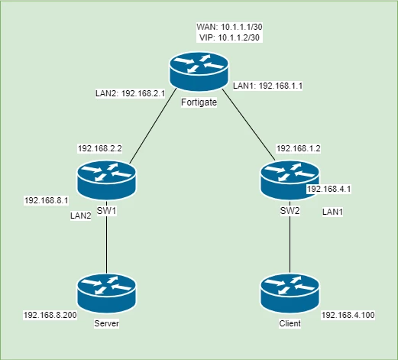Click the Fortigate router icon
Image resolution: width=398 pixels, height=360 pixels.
pos(199,72)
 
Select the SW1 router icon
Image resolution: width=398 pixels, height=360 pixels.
pos(106,180)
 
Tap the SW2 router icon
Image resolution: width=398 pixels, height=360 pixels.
pos(290,180)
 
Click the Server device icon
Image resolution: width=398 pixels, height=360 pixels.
pos(106,294)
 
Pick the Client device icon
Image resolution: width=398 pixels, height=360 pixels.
pos(290,294)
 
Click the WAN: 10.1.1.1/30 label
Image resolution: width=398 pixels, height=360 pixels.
pos(229,27)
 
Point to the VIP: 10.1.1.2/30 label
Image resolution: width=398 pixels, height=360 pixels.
pos(229,37)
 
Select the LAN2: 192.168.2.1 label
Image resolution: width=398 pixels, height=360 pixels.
pos(131,93)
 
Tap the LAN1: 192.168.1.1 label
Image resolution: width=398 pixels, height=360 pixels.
pos(268,86)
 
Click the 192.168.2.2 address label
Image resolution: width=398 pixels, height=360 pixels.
pos(100,148)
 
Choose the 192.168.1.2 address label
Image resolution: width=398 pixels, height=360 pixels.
pos(299,148)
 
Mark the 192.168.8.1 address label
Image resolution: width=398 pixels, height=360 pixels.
pos(47,201)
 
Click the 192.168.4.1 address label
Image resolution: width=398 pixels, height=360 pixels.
pos(329,189)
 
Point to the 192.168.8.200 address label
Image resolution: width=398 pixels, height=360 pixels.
pos(50,316)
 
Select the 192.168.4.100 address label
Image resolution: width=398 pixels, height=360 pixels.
pos(348,316)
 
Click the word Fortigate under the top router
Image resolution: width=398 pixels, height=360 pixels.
pos(199,102)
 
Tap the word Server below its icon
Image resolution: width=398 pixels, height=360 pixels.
pos(106,323)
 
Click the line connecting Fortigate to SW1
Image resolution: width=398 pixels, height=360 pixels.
pos(153,126)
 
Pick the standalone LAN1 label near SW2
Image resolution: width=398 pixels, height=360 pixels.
pos(332,212)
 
